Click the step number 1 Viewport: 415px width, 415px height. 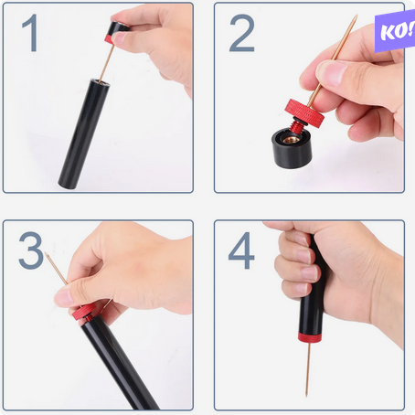tap(30, 33)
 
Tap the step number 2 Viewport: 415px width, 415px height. tap(242, 33)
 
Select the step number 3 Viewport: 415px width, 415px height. tap(31, 250)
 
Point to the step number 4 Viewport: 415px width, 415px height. tap(241, 250)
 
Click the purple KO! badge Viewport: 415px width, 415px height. tap(395, 31)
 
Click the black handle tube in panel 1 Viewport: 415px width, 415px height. tap(84, 133)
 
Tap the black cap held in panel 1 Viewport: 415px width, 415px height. tap(118, 32)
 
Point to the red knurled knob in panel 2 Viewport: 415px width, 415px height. tap(305, 113)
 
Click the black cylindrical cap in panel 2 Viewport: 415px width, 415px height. tap(292, 148)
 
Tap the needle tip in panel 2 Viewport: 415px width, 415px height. tap(356, 16)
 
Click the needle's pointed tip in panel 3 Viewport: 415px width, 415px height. tap(46, 253)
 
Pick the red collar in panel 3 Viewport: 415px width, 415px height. tap(84, 312)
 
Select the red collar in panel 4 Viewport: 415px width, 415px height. tap(310, 337)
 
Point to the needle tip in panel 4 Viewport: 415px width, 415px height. tap(307, 395)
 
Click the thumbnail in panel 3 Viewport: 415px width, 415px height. tap(63, 298)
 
